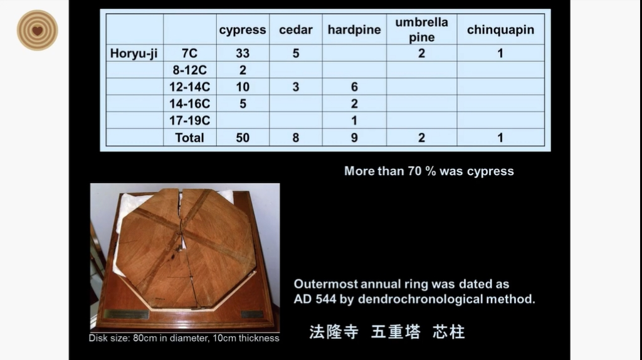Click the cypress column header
[243, 30]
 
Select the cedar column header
[296, 29]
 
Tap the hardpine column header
[354, 30]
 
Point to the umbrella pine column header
[421, 29]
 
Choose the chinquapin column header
[500, 30]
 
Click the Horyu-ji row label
[134, 53]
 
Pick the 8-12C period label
[189, 70]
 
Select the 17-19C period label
[189, 120]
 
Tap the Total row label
[189, 137]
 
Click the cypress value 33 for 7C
[243, 53]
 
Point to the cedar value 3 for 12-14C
[296, 87]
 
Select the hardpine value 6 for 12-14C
[354, 87]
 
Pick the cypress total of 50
[243, 137]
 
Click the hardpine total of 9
[354, 137]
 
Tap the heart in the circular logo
[37, 31]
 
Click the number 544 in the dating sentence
[326, 299]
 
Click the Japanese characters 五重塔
[396, 332]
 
